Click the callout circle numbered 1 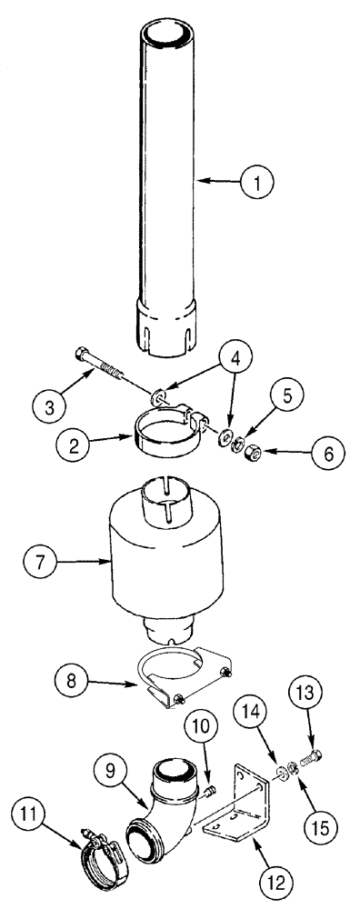[258, 182]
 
